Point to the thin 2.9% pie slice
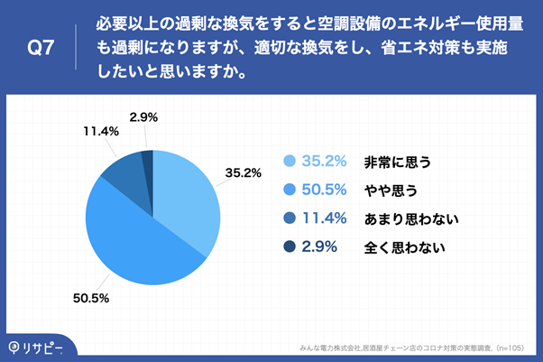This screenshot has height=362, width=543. [x=148, y=159]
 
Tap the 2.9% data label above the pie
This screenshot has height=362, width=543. [x=145, y=116]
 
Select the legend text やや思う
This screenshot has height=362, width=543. [x=390, y=190]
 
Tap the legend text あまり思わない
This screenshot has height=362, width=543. [x=411, y=218]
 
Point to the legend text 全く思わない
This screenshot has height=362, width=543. [x=404, y=246]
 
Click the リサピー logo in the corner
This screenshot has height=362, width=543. [x=38, y=346]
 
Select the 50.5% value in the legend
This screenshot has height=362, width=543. [x=325, y=190]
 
